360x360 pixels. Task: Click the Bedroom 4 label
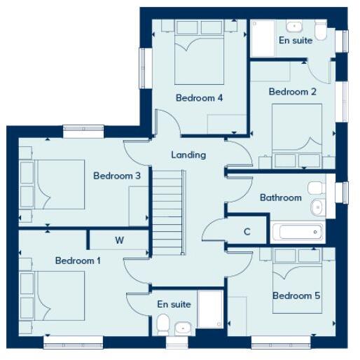[199, 98]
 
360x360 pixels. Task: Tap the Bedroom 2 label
[293, 92]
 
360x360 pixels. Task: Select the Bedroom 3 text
[117, 176]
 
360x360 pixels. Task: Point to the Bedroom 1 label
[78, 261]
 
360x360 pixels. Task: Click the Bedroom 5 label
[296, 296]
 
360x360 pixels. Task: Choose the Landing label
[188, 155]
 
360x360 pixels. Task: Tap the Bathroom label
[280, 198]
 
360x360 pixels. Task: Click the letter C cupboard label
[247, 232]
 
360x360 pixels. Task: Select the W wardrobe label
[119, 240]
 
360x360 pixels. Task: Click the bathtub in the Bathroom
[297, 232]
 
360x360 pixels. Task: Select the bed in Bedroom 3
[53, 184]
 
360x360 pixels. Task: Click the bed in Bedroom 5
[297, 270]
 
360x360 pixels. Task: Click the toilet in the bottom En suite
[162, 324]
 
